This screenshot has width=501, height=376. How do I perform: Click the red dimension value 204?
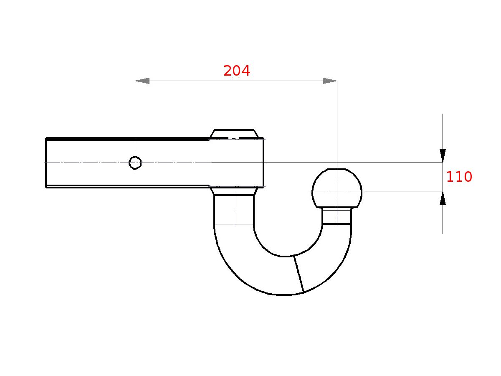(x=237, y=71)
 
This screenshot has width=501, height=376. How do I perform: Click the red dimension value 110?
(x=459, y=177)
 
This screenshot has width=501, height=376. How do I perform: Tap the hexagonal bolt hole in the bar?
(x=135, y=163)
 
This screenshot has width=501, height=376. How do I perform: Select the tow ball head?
(x=337, y=188)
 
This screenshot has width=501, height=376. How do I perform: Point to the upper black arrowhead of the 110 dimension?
(x=443, y=155)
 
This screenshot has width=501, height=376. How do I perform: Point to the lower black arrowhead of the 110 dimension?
(x=443, y=198)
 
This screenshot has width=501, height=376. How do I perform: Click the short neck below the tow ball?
(x=337, y=216)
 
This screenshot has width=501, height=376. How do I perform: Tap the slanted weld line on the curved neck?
(x=299, y=274)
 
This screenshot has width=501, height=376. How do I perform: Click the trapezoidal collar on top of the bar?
(x=234, y=134)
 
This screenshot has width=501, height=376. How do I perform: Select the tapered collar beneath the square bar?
(x=234, y=191)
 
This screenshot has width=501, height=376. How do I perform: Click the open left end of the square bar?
(x=46, y=163)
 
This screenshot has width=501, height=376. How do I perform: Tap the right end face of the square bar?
(x=263, y=163)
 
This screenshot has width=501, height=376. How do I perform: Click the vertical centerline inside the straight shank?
(x=234, y=209)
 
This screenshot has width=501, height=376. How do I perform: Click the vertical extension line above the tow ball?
(x=337, y=125)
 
